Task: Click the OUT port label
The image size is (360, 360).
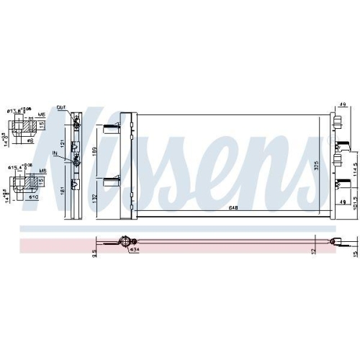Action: pyautogui.click(x=62, y=109)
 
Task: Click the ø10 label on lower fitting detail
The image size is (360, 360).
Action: pyautogui.click(x=33, y=197)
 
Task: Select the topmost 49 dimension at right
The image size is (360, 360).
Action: pyautogui.click(x=341, y=104)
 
